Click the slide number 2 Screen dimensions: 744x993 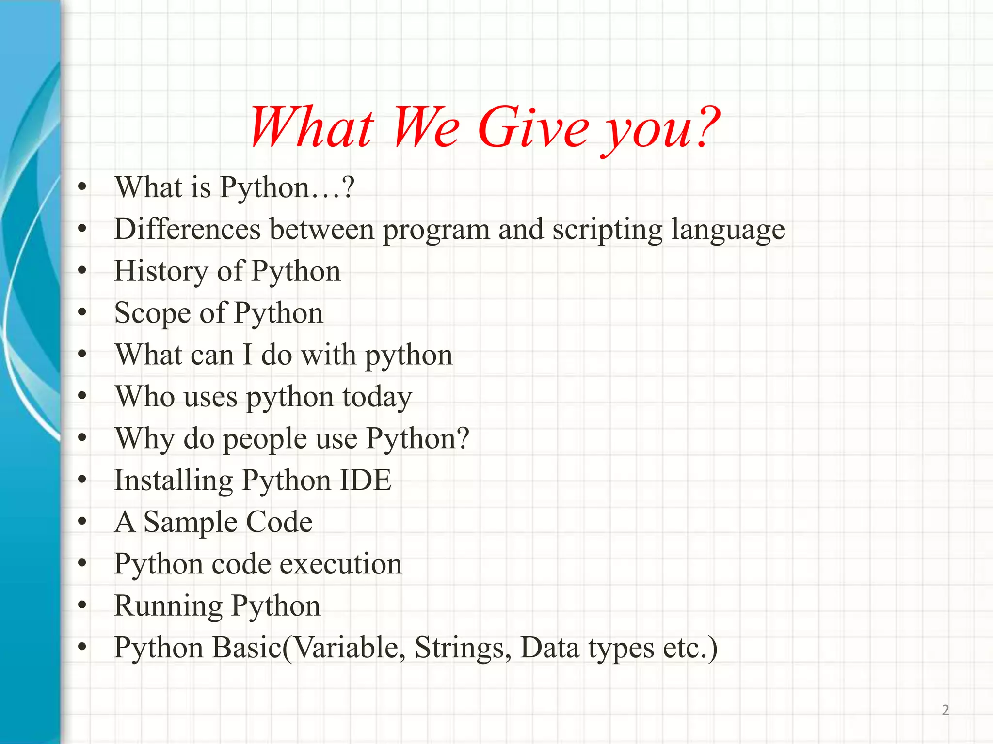click(945, 710)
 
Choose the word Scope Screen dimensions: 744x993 click(153, 313)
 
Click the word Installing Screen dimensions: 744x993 click(173, 481)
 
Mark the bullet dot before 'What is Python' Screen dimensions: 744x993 click(82, 187)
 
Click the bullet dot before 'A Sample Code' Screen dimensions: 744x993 click(82, 522)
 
